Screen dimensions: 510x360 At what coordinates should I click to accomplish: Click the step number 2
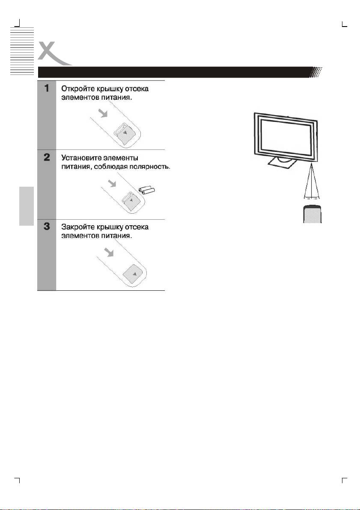(47, 158)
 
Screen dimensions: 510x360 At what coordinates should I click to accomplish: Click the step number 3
(47, 227)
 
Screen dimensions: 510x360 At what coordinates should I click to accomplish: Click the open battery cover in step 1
(127, 134)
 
